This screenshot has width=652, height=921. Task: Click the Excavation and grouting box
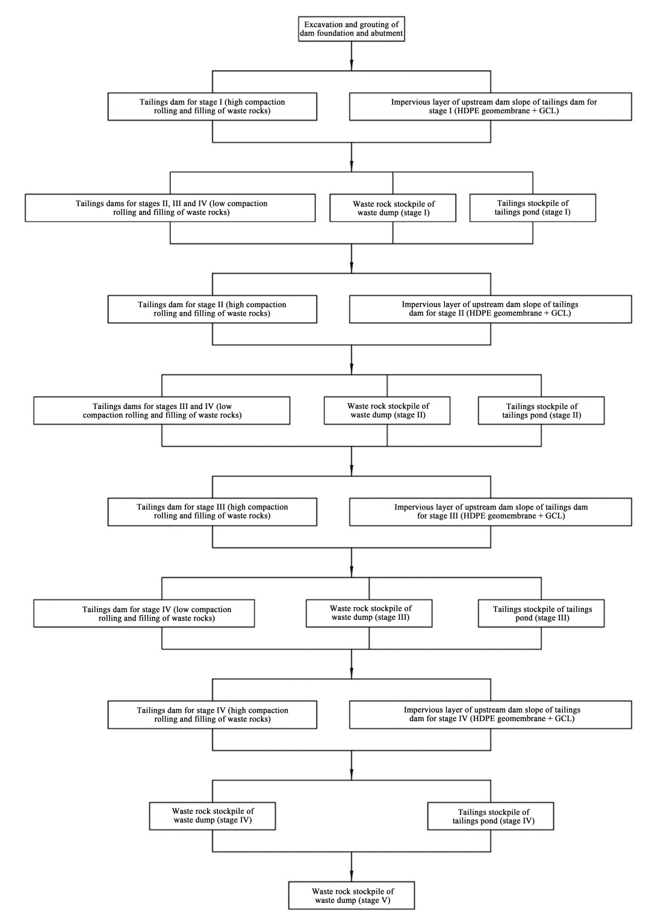pyautogui.click(x=351, y=29)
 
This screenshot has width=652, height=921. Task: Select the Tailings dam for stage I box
pyautogui.click(x=212, y=107)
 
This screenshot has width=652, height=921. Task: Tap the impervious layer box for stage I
pyautogui.click(x=491, y=107)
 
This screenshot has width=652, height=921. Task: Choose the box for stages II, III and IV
pyautogui.click(x=170, y=208)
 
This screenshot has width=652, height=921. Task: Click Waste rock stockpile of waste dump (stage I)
pyautogui.click(x=393, y=208)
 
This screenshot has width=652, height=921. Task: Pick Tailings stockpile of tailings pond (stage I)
pyautogui.click(x=533, y=208)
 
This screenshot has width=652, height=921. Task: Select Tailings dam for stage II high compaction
pyautogui.click(x=212, y=309)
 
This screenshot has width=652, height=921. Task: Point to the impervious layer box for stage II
pyautogui.click(x=491, y=309)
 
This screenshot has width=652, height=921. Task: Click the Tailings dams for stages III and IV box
pyautogui.click(x=161, y=410)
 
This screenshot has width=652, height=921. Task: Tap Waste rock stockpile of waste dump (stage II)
pyautogui.click(x=387, y=410)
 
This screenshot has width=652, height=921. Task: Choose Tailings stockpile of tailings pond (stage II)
pyautogui.click(x=541, y=410)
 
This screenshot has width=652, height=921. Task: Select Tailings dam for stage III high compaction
pyautogui.click(x=212, y=512)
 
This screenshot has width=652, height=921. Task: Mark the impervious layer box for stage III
pyautogui.click(x=491, y=512)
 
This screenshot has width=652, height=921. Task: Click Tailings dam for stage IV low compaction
pyautogui.click(x=144, y=613)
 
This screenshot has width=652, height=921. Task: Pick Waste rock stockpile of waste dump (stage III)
pyautogui.click(x=369, y=613)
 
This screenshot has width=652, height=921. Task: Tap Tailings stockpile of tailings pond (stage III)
pyautogui.click(x=541, y=613)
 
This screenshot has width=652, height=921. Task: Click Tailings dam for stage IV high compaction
pyautogui.click(x=212, y=714)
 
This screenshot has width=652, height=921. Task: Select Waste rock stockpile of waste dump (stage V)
pyautogui.click(x=351, y=895)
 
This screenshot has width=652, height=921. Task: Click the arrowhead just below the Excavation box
pyautogui.click(x=351, y=65)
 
